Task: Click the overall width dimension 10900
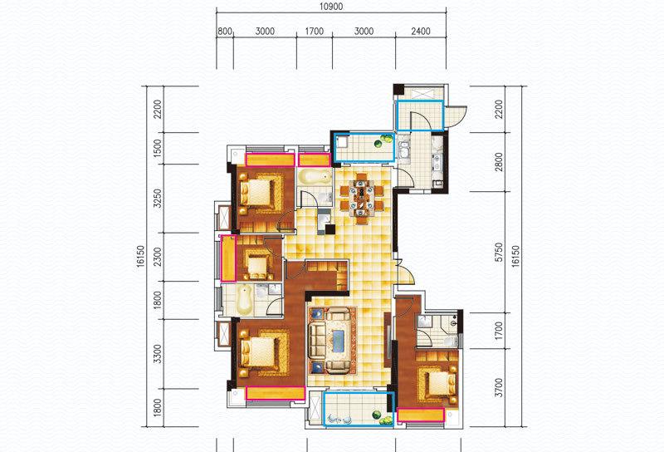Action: (x=331, y=7)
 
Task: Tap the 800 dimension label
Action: (x=224, y=32)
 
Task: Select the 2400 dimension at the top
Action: (x=421, y=32)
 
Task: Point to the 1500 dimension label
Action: (x=158, y=149)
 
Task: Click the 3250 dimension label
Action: (x=158, y=198)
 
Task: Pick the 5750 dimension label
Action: (x=500, y=252)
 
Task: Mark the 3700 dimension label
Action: (x=500, y=387)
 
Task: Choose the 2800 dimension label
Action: (x=500, y=162)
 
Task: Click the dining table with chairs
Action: (x=362, y=199)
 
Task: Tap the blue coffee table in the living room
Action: (x=339, y=341)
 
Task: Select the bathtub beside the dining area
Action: (x=315, y=177)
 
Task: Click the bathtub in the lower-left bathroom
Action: (x=245, y=300)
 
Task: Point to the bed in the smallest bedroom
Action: (x=256, y=268)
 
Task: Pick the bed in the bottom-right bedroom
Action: (x=438, y=385)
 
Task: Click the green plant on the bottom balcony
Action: (x=384, y=418)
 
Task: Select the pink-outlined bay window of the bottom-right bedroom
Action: (x=421, y=415)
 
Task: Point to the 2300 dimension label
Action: (x=158, y=257)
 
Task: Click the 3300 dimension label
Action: (x=158, y=354)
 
